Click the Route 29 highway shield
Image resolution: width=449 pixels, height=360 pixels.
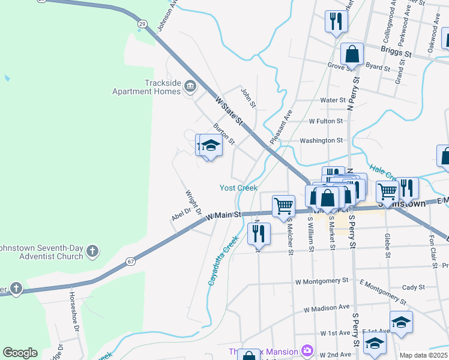pyautogui.click(x=142, y=23)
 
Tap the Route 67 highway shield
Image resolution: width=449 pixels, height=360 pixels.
pyautogui.click(x=130, y=261)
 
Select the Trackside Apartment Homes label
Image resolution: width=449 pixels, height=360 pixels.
pyautogui.click(x=146, y=88)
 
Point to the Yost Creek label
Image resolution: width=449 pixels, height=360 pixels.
pyautogui.click(x=238, y=188)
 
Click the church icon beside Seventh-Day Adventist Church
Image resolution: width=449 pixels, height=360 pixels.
pyautogui.click(x=92, y=250)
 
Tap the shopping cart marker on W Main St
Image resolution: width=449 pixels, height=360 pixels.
pyautogui.click(x=283, y=206)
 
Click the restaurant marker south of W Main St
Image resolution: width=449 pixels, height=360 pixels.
pyautogui.click(x=259, y=233)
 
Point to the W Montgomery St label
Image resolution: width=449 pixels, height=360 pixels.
pyautogui.click(x=322, y=281)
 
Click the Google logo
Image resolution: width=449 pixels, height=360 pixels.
pyautogui.click(x=20, y=353)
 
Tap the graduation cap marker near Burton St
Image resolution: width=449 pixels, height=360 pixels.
pyautogui.click(x=211, y=146)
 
